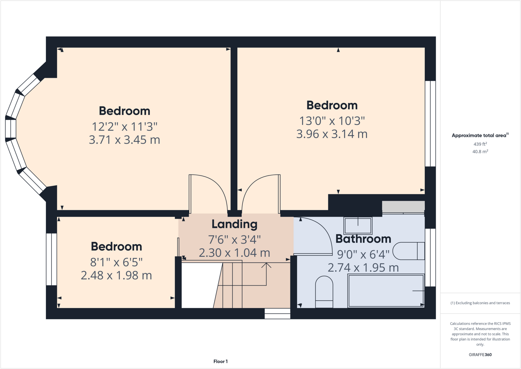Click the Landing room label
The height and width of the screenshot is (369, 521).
pyautogui.click(x=234, y=224)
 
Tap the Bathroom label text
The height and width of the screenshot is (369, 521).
pyautogui.click(x=363, y=239)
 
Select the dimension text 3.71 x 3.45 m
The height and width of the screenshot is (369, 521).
pyautogui.click(x=124, y=140)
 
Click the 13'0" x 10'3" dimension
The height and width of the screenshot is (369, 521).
pyautogui.click(x=332, y=121)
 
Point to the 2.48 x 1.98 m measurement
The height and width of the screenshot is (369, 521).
pyautogui.click(x=116, y=275)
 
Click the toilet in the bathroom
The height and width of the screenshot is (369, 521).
pyautogui.click(x=324, y=292)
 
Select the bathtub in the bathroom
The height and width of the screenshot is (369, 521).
pyautogui.click(x=386, y=291)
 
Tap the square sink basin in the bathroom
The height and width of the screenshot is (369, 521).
pyautogui.click(x=358, y=226)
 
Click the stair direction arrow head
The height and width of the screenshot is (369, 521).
pyautogui.click(x=266, y=265)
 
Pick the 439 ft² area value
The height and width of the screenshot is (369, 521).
pyautogui.click(x=480, y=144)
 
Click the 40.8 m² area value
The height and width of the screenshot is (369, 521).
pyautogui.click(x=480, y=152)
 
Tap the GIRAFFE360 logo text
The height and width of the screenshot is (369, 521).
pyautogui.click(x=480, y=354)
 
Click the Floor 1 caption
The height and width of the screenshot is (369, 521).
pyautogui.click(x=220, y=361)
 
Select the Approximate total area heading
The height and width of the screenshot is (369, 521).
pyautogui.click(x=480, y=135)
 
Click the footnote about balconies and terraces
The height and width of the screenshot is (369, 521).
pyautogui.click(x=480, y=303)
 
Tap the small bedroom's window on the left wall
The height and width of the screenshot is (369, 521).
pyautogui.click(x=51, y=259)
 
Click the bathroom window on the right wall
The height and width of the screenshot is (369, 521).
pyautogui.click(x=430, y=257)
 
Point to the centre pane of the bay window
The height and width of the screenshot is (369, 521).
pyautogui.click(x=11, y=129)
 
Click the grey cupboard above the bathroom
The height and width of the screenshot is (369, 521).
pyautogui.click(x=403, y=207)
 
